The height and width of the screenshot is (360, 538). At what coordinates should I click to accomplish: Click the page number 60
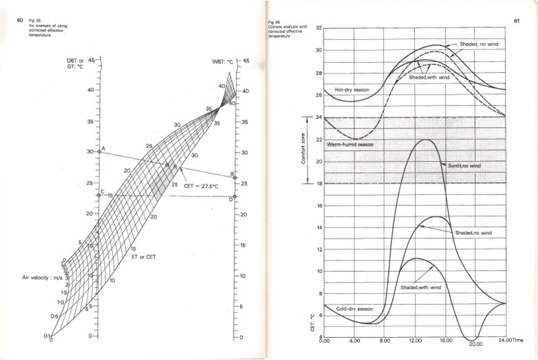click(x=21, y=20)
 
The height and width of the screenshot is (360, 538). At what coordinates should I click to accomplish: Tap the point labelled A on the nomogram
click(x=100, y=152)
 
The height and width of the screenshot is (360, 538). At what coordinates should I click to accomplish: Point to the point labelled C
click(x=100, y=196)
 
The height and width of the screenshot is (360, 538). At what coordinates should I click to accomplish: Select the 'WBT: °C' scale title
click(x=223, y=61)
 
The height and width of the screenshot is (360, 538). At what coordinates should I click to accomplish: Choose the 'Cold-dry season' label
click(x=354, y=309)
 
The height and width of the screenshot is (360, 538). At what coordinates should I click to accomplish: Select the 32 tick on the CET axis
click(x=319, y=28)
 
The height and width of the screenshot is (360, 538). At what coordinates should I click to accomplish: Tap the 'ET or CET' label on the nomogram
click(x=147, y=256)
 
